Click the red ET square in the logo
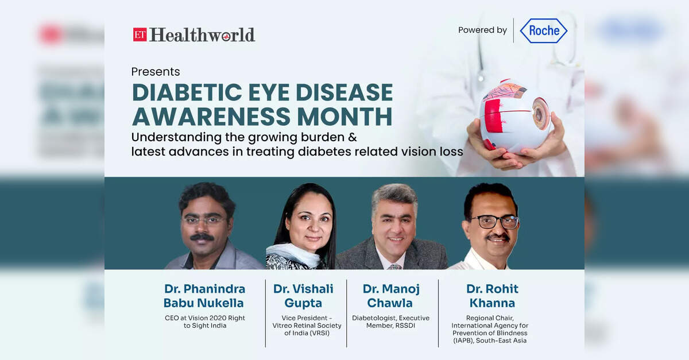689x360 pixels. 140,34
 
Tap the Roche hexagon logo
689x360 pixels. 544,30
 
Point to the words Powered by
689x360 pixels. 482,30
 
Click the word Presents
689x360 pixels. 156,72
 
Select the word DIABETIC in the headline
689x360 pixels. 187,92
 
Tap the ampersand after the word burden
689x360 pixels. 353,137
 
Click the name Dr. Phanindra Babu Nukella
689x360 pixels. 204,296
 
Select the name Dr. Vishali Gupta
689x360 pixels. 303,296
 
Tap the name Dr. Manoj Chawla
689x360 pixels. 390,296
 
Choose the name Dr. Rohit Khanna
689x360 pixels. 492,296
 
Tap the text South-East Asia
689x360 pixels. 501,340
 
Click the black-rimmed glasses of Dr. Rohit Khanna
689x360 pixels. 494,222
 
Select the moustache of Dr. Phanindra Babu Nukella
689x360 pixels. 202,237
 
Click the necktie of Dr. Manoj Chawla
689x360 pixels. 394,266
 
